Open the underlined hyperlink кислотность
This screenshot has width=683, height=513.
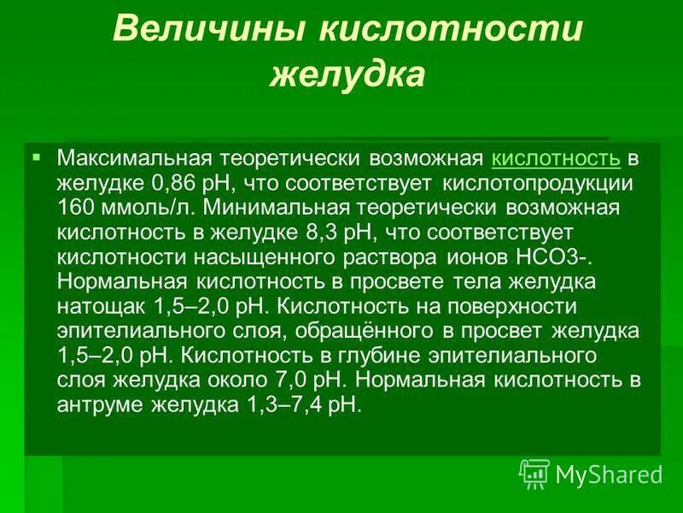coord(556,159)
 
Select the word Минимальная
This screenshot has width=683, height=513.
coord(271,208)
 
